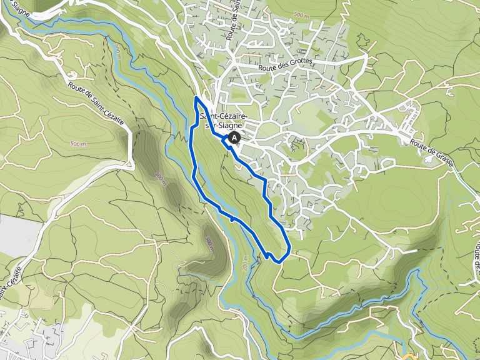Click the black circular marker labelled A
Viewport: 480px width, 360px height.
click(x=234, y=137)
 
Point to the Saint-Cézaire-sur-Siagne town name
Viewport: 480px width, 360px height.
click(x=224, y=120)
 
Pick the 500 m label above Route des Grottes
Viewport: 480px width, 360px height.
click(x=301, y=14)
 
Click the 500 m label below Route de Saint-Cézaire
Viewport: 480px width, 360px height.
click(x=79, y=143)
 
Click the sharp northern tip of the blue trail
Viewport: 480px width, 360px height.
click(x=196, y=98)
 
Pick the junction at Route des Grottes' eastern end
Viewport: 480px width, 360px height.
click(x=366, y=57)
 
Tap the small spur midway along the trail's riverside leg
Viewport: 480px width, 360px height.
click(x=232, y=218)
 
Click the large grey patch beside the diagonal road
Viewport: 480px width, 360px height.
click(x=14, y=235)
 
